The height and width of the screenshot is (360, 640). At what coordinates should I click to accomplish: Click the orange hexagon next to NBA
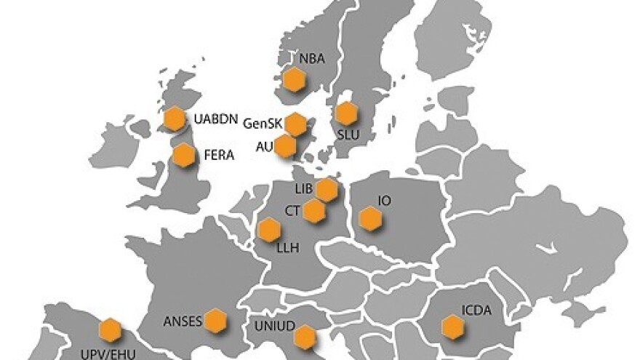point(293,79)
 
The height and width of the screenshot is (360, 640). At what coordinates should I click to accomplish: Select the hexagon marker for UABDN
point(175,119)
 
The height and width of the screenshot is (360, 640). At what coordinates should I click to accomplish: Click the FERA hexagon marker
point(184,154)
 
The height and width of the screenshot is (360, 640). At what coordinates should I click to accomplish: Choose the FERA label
point(218,155)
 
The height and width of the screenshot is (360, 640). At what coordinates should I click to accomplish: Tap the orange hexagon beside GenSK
point(295,124)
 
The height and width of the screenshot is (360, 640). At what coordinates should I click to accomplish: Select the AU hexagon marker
point(286,145)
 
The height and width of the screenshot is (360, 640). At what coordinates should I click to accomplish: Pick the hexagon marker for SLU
point(346,113)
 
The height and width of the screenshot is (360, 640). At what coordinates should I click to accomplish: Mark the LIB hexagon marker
point(327,189)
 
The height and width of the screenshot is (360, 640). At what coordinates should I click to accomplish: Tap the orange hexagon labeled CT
point(313,211)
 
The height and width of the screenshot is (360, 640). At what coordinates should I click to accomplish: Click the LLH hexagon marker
point(270,231)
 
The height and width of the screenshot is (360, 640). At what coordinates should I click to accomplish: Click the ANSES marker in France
point(215,320)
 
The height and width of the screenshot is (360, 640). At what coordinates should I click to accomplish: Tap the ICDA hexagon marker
point(454,328)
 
